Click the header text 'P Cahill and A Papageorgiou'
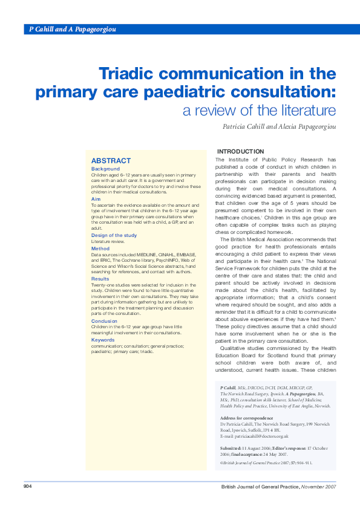point(73,29)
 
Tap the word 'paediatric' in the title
point(206,93)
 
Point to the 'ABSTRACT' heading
point(111,161)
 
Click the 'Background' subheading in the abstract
point(105,169)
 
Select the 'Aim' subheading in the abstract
point(96,199)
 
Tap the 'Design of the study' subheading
point(114,235)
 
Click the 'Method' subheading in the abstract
point(100,248)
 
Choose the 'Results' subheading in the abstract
point(100,279)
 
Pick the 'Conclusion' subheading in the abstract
point(104,321)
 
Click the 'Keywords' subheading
point(103,340)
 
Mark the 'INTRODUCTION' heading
point(240,151)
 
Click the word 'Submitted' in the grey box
point(232,447)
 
